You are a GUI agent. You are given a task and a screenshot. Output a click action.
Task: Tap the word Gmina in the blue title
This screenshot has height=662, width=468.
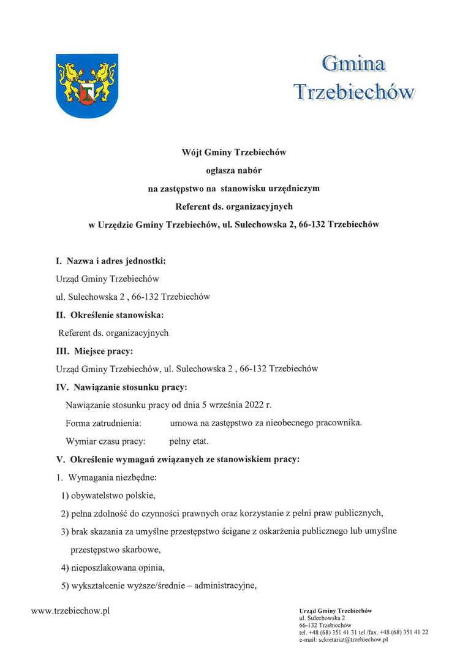pos(353,63)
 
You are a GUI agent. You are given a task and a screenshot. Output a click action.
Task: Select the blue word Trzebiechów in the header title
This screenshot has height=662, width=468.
pos(354,91)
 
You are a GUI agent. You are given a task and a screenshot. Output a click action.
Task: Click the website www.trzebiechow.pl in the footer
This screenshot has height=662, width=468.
pos(70,612)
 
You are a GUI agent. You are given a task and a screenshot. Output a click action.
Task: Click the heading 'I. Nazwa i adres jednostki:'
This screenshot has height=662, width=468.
pos(111,261)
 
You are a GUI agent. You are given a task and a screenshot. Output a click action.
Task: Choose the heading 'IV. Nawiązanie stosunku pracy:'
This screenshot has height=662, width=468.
pos(121,387)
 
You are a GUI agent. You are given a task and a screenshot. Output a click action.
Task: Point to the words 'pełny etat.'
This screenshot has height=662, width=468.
pos(189,441)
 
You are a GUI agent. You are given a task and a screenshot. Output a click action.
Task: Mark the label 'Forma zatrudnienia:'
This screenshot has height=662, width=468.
pos(104,423)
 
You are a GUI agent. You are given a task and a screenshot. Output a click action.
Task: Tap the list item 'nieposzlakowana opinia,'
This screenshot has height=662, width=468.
pos(113,568)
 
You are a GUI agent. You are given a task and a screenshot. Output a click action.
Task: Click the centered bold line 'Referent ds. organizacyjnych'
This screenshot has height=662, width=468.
pos(233,207)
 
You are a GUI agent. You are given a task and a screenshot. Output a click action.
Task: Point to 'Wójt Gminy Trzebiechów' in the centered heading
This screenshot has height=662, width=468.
pos(233,152)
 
